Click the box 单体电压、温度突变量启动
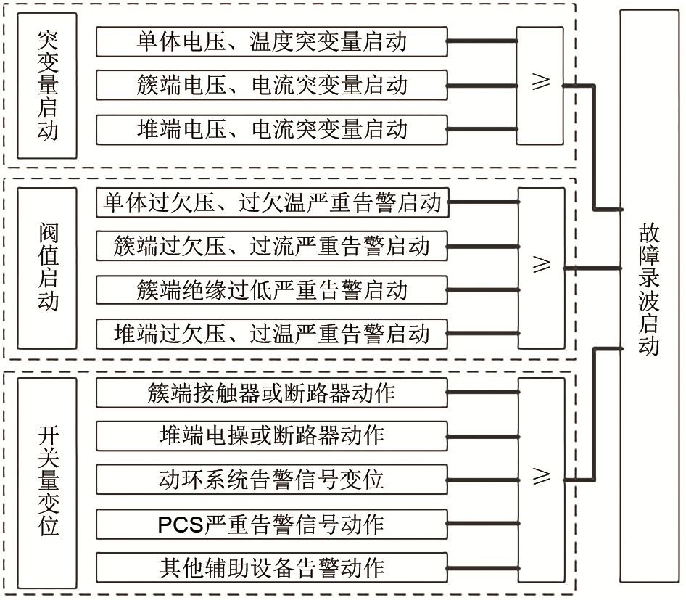[x=271, y=41]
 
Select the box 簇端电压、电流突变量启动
[x=271, y=85]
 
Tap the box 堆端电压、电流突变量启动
[x=271, y=129]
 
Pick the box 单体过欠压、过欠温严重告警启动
[x=271, y=202]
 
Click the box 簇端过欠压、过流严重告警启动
[x=271, y=246]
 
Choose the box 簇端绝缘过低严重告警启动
[x=271, y=290]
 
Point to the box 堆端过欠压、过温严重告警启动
[x=271, y=334]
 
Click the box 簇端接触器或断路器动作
[x=271, y=393]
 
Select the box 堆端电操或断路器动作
[x=271, y=436]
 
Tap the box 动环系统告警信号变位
[x=271, y=480]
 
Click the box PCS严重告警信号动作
[x=271, y=523]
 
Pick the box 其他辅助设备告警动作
[x=271, y=567]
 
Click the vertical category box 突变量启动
[x=47, y=86]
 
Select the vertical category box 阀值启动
[x=47, y=268]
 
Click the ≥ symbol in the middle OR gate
[x=541, y=266]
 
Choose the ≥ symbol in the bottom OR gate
[x=541, y=477]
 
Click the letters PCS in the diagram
[x=181, y=524]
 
